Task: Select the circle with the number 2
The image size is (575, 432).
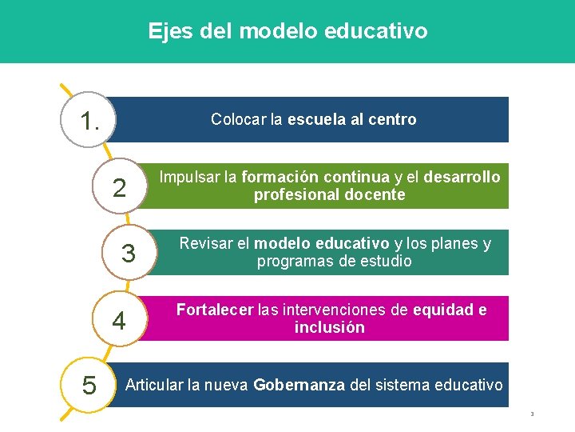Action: pyautogui.click(x=119, y=187)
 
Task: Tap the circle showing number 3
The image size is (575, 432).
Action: pyautogui.click(x=128, y=254)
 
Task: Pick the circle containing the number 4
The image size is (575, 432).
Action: pyautogui.click(x=119, y=320)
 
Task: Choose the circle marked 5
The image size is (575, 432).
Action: pyautogui.click(x=89, y=386)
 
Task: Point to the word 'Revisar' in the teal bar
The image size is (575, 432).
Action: pyautogui.click(x=204, y=243)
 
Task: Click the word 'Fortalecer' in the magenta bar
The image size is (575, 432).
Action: pyautogui.click(x=215, y=310)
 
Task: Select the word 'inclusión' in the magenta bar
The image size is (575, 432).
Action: pyautogui.click(x=330, y=328)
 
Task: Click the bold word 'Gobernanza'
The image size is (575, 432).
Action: pyautogui.click(x=299, y=386)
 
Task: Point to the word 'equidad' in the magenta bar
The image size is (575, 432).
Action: pyautogui.click(x=444, y=310)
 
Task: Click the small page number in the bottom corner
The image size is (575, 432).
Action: pyautogui.click(x=531, y=414)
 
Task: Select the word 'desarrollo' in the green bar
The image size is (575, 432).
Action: pyautogui.click(x=462, y=177)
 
